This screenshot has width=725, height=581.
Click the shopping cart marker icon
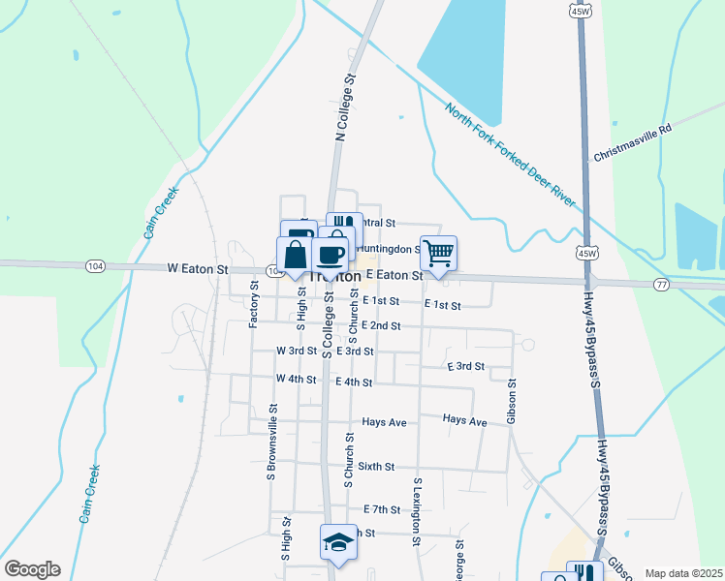438,253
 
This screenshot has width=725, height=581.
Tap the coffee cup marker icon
331,254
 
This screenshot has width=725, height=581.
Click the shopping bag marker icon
295,256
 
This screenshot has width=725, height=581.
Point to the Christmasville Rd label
632,142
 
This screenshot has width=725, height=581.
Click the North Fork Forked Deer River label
511,152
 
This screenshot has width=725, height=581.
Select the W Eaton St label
197,268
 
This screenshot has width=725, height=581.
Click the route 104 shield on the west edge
94,263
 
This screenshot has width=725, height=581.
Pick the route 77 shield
661,284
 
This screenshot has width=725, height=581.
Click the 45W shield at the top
581,12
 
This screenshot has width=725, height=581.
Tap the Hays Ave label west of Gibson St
464,420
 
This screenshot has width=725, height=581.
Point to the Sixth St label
376,467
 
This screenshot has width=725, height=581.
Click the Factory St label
255,303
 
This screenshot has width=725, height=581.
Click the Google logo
32,569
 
